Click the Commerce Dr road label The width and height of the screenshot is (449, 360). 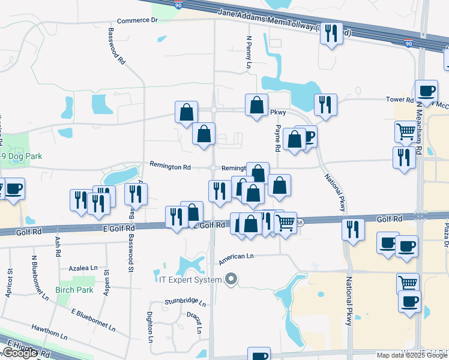[137, 20]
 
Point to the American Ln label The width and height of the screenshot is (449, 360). [237, 256]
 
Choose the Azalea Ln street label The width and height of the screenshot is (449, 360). [83, 268]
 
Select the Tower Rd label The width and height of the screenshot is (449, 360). [400, 100]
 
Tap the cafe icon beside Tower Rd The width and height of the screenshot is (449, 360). [427, 91]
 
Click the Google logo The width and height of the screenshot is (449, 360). [20, 353]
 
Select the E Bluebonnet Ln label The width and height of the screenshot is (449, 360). [93, 320]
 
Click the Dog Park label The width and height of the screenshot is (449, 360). [21, 157]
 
